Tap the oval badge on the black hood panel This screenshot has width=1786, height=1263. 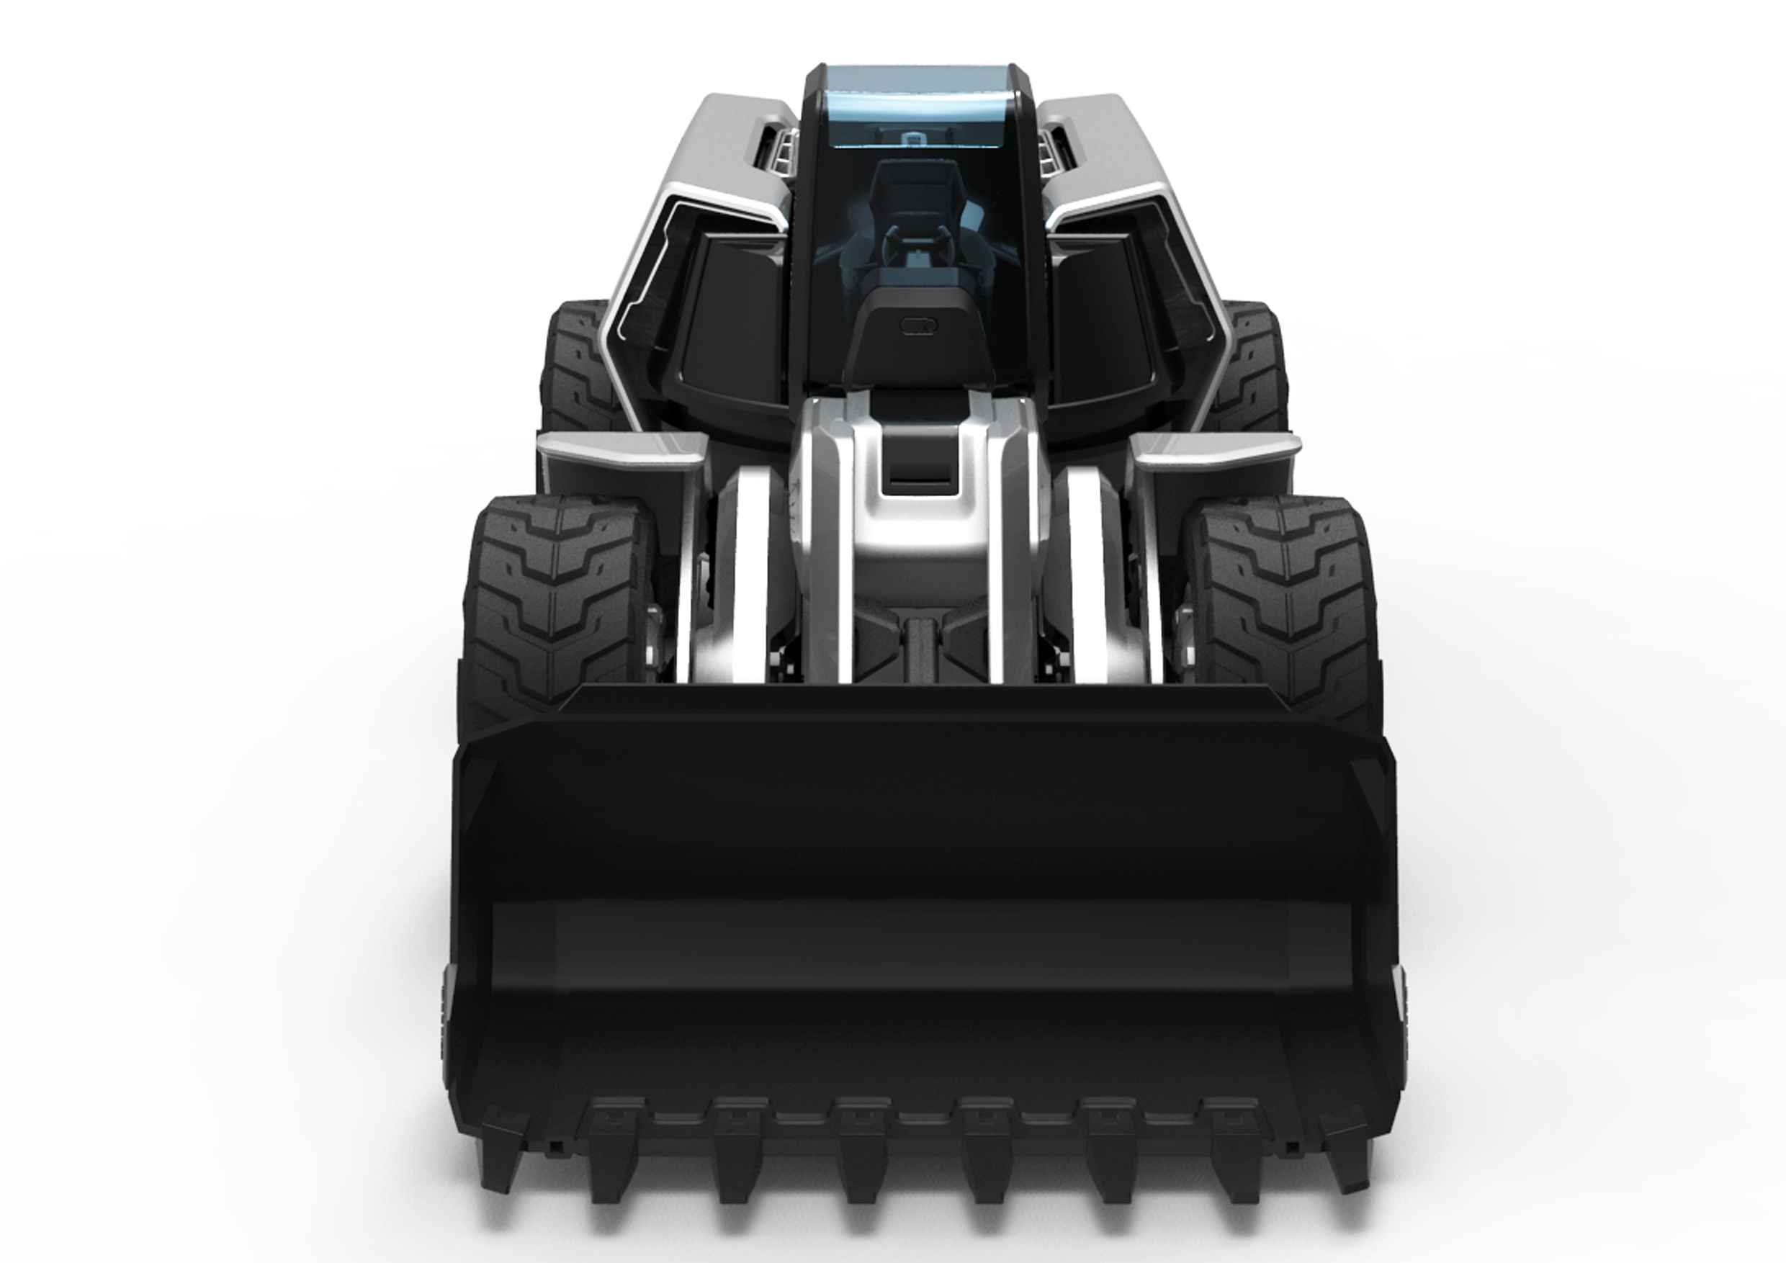pyautogui.click(x=919, y=326)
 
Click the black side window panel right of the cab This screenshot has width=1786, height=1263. pyautogui.click(x=1097, y=311)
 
